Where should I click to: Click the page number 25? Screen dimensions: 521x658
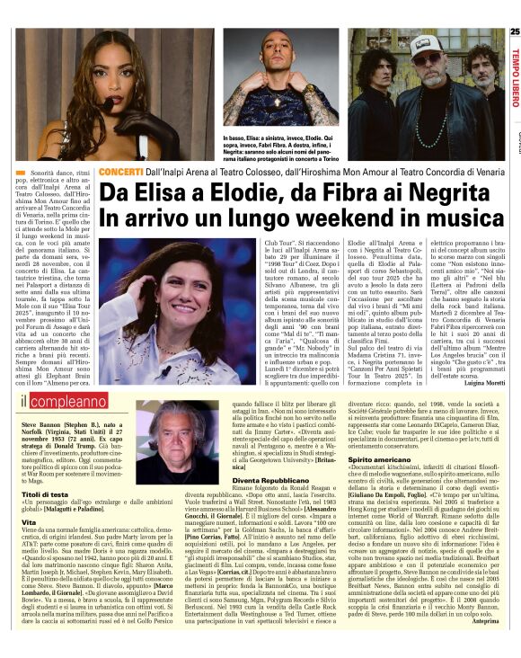click(514, 32)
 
